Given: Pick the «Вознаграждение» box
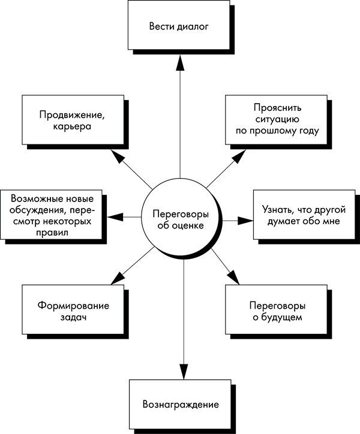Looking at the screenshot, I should coord(181,403).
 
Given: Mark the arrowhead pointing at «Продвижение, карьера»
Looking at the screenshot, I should coord(119,158).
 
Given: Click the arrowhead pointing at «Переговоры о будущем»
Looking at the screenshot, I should coord(233,276).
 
